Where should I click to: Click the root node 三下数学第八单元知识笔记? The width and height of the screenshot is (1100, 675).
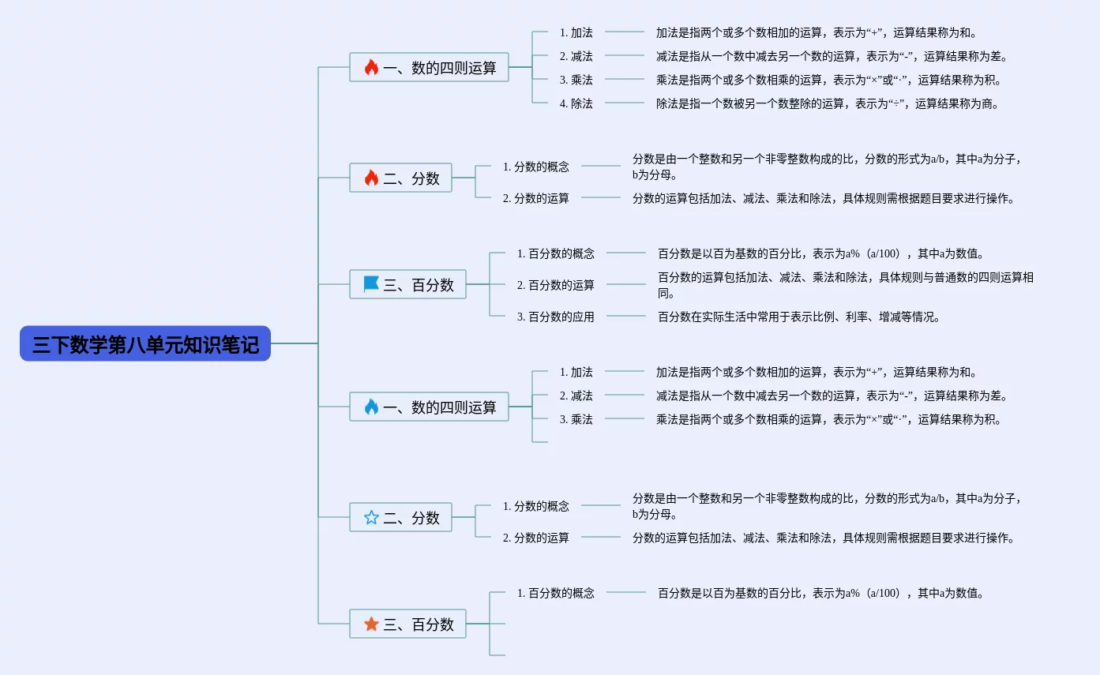tap(145, 344)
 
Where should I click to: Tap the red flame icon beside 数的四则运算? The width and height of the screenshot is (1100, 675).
tap(371, 68)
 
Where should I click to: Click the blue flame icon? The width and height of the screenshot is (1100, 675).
tap(371, 407)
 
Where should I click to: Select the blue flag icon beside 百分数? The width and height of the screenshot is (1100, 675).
tap(371, 284)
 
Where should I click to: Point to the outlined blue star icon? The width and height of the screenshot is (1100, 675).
tap(371, 518)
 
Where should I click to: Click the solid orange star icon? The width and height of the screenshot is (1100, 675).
tap(371, 624)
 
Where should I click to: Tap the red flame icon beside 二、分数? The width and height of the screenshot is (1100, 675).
tap(371, 178)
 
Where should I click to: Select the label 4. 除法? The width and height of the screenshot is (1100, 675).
tap(576, 103)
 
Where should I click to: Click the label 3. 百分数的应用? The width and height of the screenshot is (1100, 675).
tap(555, 317)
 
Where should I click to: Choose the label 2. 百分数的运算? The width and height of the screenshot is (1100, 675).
tap(555, 285)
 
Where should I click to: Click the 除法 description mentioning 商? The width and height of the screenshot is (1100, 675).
tap(827, 103)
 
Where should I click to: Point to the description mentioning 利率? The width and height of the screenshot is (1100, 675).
tap(799, 317)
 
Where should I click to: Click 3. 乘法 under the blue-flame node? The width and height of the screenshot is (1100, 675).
tap(576, 419)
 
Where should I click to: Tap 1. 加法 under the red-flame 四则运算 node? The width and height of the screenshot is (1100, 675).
tap(576, 32)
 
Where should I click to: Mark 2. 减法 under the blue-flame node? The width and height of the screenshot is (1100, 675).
tap(576, 396)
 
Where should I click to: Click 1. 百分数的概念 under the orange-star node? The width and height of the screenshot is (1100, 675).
tap(555, 593)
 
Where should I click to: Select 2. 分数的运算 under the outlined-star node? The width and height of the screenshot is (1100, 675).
tap(535, 538)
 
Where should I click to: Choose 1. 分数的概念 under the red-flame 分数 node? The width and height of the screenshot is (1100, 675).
tap(535, 167)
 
